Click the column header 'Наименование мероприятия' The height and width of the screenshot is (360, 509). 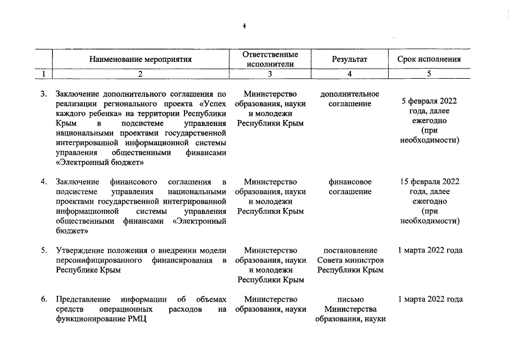[140, 59]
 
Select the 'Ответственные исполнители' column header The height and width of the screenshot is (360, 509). [270, 59]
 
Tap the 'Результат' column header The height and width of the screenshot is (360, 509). [349, 59]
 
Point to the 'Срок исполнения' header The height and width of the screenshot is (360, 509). [429, 59]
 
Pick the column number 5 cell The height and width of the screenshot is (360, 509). [429, 73]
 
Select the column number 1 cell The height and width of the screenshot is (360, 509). [43, 73]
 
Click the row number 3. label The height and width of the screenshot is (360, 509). [43, 94]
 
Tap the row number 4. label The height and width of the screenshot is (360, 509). [43, 182]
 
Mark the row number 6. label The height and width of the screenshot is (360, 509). [43, 299]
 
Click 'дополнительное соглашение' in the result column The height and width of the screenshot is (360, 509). [349, 98]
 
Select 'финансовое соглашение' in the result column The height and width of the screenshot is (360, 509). [349, 187]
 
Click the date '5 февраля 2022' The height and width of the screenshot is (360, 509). [429, 101]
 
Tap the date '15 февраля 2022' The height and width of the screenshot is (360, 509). [429, 182]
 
